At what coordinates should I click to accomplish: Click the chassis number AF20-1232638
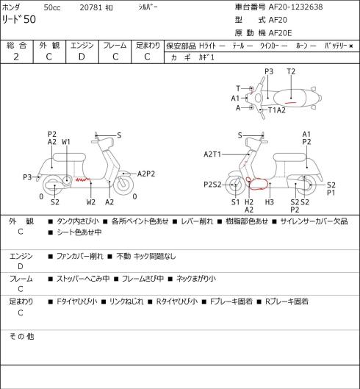pos(295,7)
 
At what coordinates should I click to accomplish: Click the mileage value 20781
pos(91,7)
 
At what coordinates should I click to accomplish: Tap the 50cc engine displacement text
pos(52,7)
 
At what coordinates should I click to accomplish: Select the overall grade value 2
pos(16,57)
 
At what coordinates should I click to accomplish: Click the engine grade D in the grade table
pos(82,57)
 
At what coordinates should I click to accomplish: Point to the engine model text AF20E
pos(280,33)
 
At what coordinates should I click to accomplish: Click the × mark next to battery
pos(351,46)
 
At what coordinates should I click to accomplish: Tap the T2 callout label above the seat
pos(291,72)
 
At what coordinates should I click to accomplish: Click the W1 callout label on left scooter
pos(66,142)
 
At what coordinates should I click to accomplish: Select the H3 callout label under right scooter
pos(269,202)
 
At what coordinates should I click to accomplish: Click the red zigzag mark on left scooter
pos(82,179)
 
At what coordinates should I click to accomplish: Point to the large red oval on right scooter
pos(259,184)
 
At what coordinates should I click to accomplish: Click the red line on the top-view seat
pos(290,102)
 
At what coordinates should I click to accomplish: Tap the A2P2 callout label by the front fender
pos(146,174)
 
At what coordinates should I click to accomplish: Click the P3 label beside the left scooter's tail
pos(27,177)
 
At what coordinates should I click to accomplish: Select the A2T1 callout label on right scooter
pos(212,154)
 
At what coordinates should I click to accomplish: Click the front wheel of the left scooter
pos(123,185)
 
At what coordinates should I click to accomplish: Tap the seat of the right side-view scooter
pos(289,157)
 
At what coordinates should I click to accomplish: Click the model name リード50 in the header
pos(19,19)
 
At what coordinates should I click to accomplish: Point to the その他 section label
pos(21,336)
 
